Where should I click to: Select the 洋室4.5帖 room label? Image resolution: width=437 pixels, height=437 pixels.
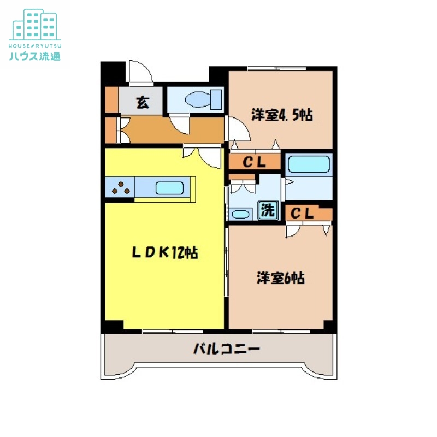click(x=281, y=115)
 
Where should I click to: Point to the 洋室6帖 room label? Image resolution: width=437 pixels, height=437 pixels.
click(x=281, y=278)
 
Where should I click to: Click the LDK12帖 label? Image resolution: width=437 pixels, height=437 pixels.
click(x=164, y=252)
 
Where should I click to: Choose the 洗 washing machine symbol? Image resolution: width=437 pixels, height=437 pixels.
click(x=268, y=210)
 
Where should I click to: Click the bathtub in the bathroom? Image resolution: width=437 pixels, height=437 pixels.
click(x=309, y=164)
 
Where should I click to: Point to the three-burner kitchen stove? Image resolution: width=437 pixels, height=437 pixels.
click(x=121, y=188)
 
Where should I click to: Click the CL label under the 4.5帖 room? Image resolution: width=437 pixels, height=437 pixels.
click(x=254, y=162)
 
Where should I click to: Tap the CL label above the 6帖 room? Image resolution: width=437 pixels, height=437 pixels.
click(x=302, y=214)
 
